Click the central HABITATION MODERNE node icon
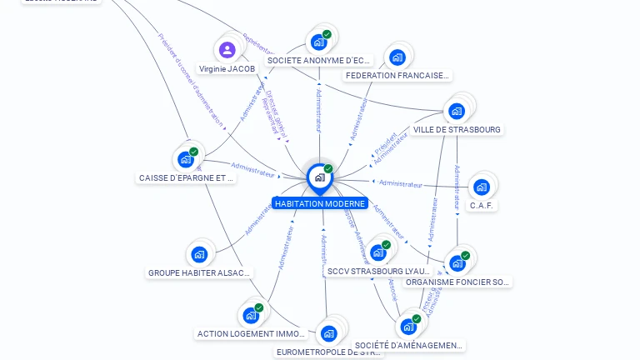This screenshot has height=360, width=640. click(319, 177)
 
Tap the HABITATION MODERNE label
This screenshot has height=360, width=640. click(320, 203)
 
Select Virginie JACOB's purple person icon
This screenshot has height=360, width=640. click(227, 49)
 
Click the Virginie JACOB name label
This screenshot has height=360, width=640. click(227, 68)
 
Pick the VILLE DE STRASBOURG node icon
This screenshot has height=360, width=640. click(456, 111)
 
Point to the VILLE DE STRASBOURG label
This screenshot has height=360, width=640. click(457, 130)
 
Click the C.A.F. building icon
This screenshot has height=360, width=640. click(481, 187)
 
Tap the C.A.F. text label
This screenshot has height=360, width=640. click(482, 205)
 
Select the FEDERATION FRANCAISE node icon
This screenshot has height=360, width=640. click(397, 57)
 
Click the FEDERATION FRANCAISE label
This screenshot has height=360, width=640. click(397, 76)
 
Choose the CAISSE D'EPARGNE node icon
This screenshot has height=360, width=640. click(186, 159)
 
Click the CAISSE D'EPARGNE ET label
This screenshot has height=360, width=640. click(187, 177)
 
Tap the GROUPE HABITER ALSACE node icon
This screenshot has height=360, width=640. click(198, 254)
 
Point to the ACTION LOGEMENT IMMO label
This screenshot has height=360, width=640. click(252, 334)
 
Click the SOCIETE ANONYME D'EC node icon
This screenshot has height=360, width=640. click(318, 42)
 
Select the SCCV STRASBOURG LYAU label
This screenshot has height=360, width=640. click(378, 272)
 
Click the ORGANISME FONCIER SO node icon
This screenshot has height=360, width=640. click(457, 263)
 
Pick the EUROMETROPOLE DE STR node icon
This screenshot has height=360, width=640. click(328, 334)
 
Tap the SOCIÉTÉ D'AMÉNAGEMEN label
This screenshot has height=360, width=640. click(408, 345)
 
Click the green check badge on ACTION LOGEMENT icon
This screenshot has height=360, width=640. click(259, 307)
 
